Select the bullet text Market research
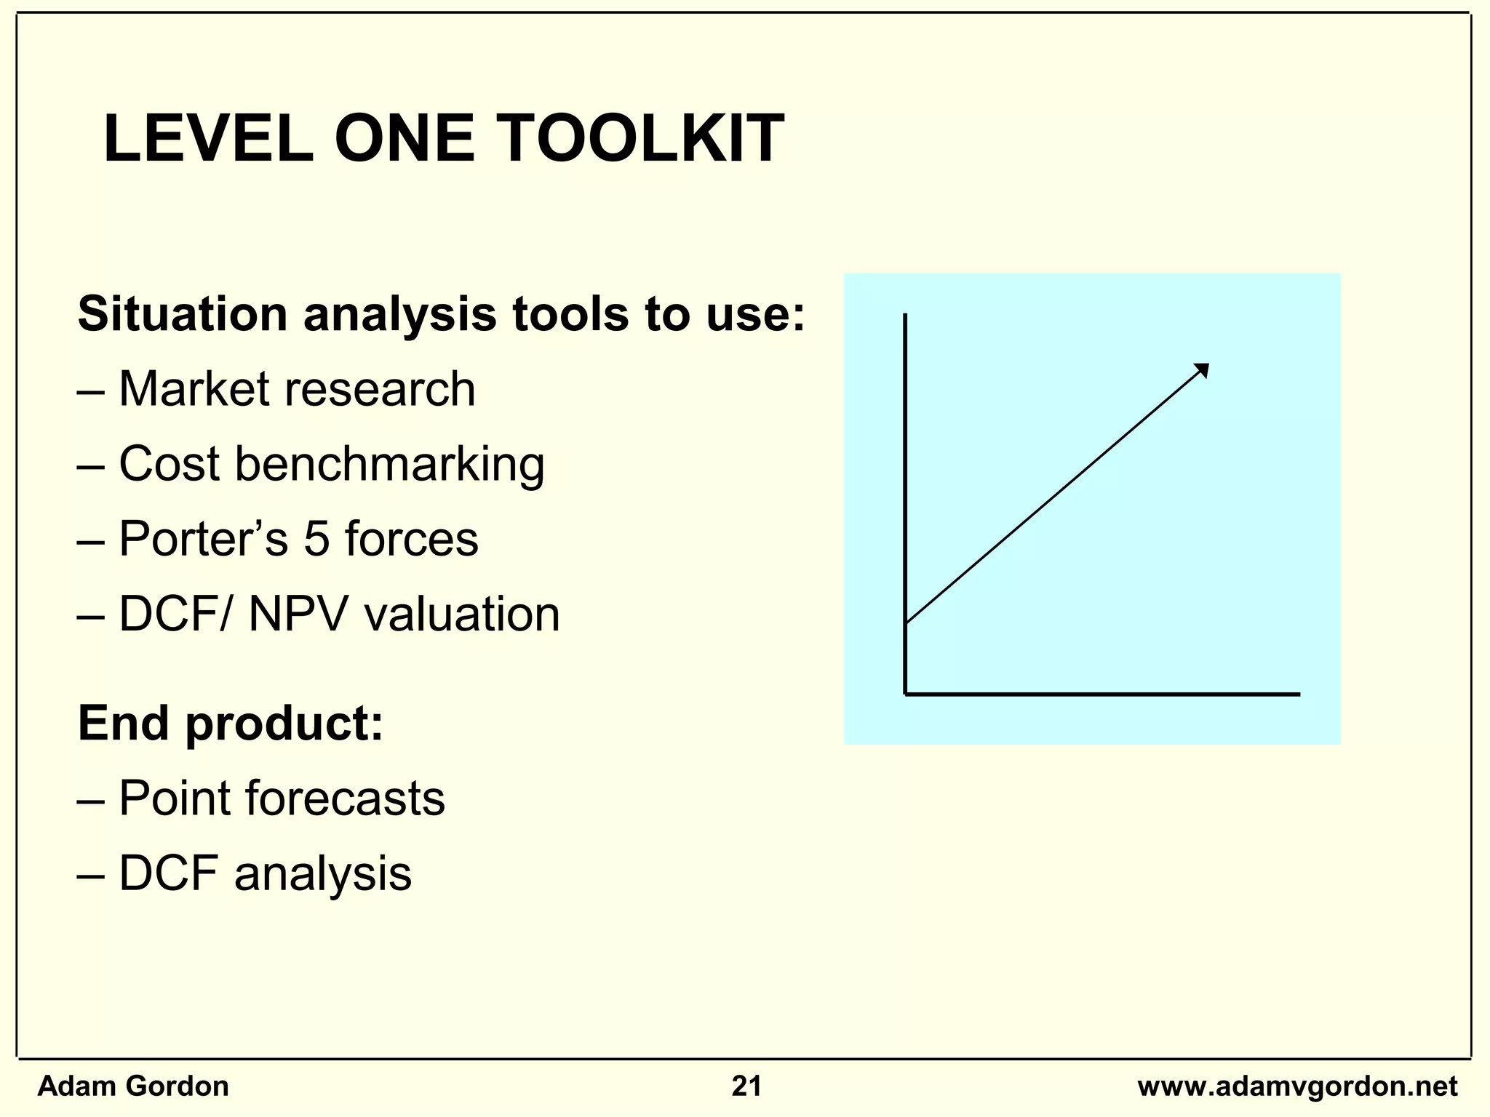pos(296,389)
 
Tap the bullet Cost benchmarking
pos(331,464)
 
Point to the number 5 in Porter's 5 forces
pos(316,539)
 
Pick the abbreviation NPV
pos(299,614)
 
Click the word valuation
pos(462,614)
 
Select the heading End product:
pos(230,724)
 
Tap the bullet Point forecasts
pos(281,798)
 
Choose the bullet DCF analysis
pos(265,873)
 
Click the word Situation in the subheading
pos(183,314)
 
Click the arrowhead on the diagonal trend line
pos(1203,369)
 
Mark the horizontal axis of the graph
pos(1102,694)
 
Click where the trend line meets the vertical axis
pos(906,622)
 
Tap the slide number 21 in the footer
pos(746,1086)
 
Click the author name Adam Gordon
pos(133,1086)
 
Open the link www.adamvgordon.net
pos(1297,1086)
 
